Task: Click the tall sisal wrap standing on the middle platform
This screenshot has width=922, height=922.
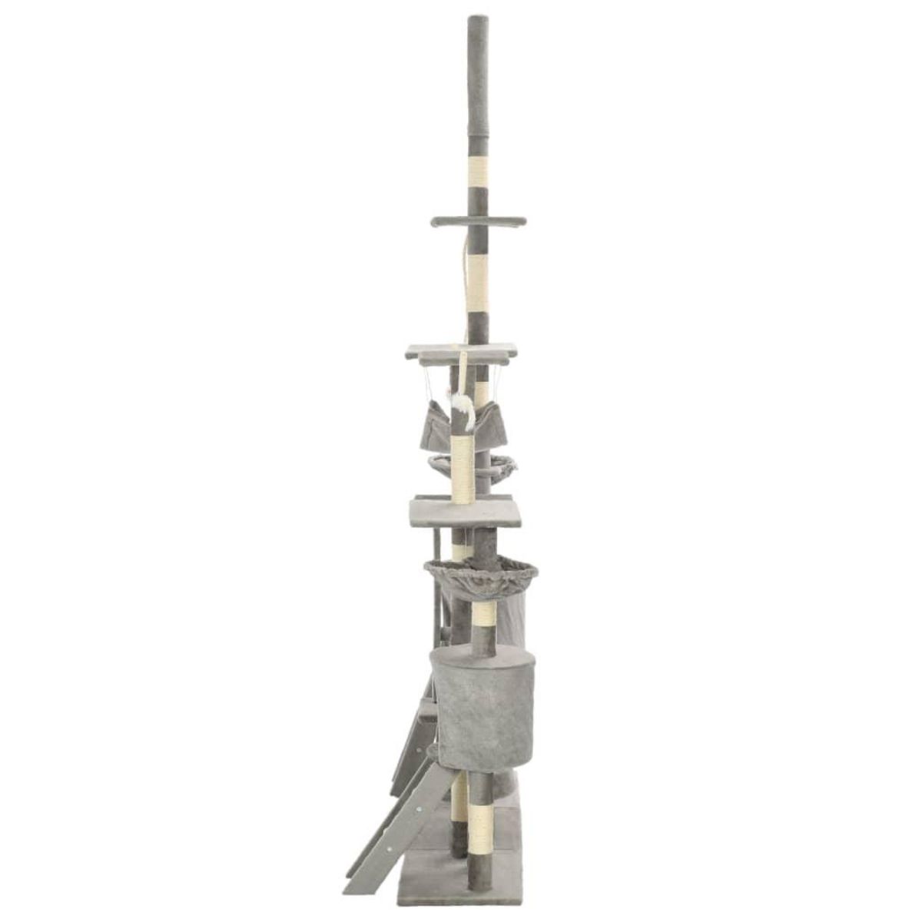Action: tap(463, 469)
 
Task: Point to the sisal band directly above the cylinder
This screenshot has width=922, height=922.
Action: tap(482, 615)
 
